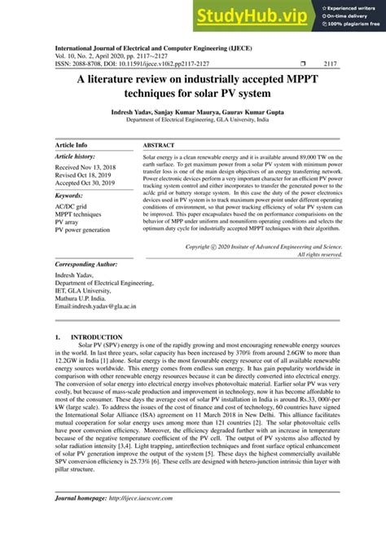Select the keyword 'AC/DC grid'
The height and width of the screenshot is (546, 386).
[72, 208]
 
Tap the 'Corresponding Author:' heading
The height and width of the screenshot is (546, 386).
[90, 265]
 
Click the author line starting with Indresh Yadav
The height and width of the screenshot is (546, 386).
[193, 109]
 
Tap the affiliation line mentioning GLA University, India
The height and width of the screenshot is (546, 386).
[193, 119]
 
